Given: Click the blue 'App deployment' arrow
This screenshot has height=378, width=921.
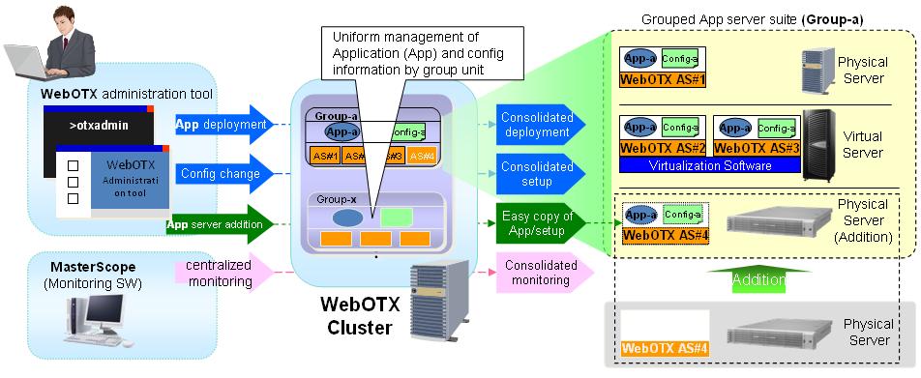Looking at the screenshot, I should [x=221, y=125].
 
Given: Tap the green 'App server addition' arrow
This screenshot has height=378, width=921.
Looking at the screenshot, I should [x=213, y=224].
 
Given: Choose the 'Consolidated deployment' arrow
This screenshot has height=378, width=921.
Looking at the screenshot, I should [x=538, y=125].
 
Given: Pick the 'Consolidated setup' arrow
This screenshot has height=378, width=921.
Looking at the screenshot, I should [x=538, y=173].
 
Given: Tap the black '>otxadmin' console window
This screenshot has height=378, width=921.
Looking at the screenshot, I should [x=100, y=126].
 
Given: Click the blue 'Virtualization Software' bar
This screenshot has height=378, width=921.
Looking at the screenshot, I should [x=710, y=165].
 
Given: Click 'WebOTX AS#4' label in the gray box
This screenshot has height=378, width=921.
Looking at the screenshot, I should [x=663, y=348].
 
